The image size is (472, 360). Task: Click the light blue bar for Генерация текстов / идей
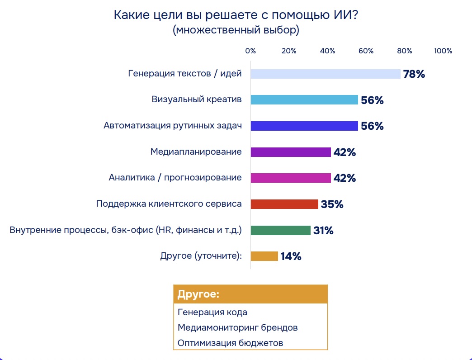pos(325,74)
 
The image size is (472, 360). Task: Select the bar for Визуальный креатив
pos(304,100)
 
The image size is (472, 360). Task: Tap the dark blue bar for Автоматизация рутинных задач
pos(304,126)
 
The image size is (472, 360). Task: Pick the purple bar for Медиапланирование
pos(290,152)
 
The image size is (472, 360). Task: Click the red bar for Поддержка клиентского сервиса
pos(284,204)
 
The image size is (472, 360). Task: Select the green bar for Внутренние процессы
pos(280,230)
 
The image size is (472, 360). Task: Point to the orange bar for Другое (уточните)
pos(264,256)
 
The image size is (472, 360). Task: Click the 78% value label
pos(414,74)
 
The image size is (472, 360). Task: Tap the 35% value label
pos(332,204)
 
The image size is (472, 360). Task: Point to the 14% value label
pos(291,256)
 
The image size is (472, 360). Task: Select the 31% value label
pos(323,231)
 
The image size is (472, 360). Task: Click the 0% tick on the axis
pos(250,51)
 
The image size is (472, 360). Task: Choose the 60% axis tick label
pos(366,51)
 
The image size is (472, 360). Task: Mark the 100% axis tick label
pos(443,51)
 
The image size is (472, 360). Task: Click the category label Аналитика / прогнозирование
pos(175,178)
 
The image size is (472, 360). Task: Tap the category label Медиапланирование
pos(196,152)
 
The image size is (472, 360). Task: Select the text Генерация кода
pos(212,312)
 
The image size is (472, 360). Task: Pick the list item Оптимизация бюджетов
pos(230,342)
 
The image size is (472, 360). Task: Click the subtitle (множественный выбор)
pos(236,31)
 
